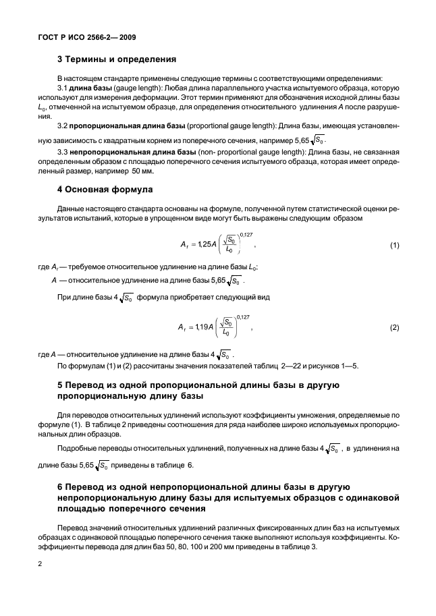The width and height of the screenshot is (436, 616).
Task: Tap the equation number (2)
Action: (395, 328)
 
